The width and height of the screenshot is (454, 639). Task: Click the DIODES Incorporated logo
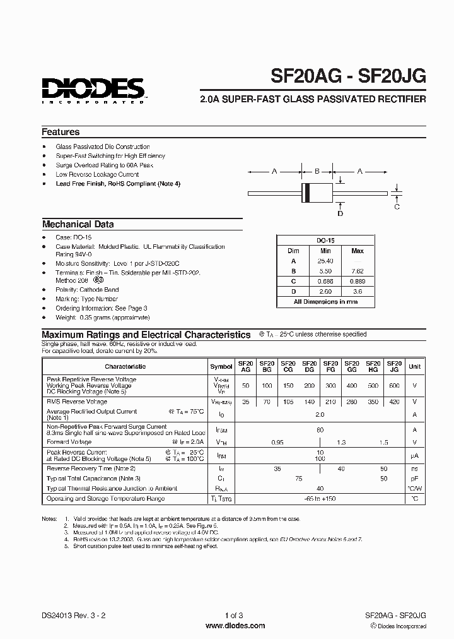93,88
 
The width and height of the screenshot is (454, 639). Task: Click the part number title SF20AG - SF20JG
348,76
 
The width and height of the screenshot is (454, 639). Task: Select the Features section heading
61,132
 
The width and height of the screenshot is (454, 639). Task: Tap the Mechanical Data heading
78,224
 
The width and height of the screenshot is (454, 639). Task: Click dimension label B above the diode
317,170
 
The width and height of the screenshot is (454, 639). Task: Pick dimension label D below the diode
340,213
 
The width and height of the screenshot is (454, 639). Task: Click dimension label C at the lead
397,206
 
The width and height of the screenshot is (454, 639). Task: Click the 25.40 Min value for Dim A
325,261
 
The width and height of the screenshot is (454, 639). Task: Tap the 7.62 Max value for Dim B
358,271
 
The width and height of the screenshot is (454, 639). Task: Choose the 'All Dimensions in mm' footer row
325,302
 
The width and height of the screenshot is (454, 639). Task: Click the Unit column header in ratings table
414,366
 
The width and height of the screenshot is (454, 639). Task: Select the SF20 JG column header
393,366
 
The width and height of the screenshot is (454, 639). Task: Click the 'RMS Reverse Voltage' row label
77,401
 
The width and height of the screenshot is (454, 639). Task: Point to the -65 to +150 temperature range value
320,498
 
